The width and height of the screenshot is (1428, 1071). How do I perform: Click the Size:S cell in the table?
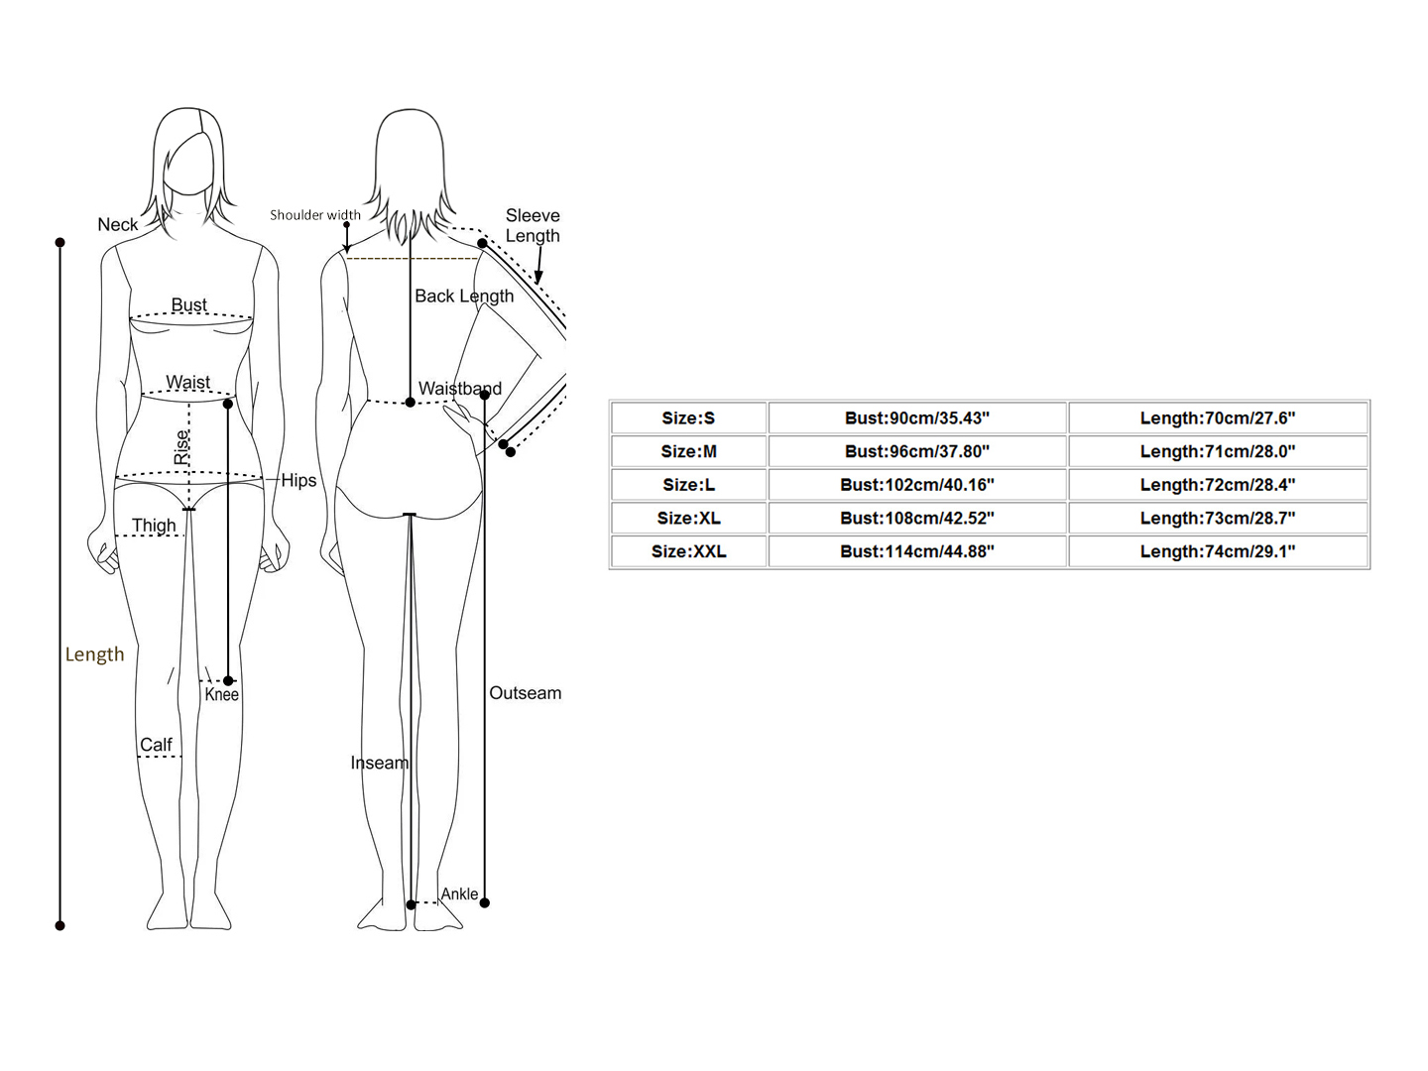point(688,418)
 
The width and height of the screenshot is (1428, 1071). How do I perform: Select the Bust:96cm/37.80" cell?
point(917,451)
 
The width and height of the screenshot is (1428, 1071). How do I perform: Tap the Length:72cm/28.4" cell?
point(1217,485)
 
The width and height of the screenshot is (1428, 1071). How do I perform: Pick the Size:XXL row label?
point(688,551)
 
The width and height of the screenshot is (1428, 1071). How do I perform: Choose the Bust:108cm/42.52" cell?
point(917,518)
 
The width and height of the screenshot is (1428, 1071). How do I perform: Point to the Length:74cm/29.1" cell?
point(1217,551)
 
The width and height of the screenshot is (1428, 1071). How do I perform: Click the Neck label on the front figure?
point(118,225)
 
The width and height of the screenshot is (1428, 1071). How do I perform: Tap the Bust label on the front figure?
point(189,305)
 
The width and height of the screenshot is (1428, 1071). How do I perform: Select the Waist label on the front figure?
point(188,383)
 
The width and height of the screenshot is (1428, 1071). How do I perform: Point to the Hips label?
point(298,481)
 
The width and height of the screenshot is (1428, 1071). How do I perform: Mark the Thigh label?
point(154,526)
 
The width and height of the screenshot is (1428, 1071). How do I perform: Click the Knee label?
point(222,695)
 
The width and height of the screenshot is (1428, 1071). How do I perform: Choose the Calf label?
point(156,745)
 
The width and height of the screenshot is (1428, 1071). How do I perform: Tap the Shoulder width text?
point(315,215)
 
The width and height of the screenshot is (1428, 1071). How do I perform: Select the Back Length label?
point(464,297)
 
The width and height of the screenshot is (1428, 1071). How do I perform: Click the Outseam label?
point(525,693)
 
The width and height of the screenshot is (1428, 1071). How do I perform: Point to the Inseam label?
point(379,763)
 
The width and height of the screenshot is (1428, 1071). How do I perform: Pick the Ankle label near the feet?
point(459,894)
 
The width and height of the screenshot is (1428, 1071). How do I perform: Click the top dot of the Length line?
point(60,243)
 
